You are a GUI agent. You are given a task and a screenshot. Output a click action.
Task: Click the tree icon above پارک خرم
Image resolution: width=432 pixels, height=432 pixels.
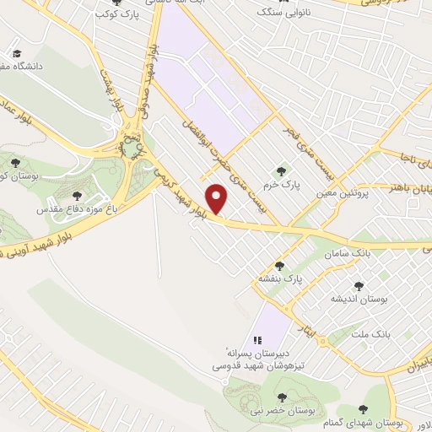click(x=283, y=170)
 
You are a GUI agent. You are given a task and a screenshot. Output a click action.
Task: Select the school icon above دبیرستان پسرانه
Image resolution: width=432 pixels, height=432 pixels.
click(x=257, y=338)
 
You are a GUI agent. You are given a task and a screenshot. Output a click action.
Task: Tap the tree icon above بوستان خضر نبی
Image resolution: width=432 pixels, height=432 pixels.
click(x=282, y=397)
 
